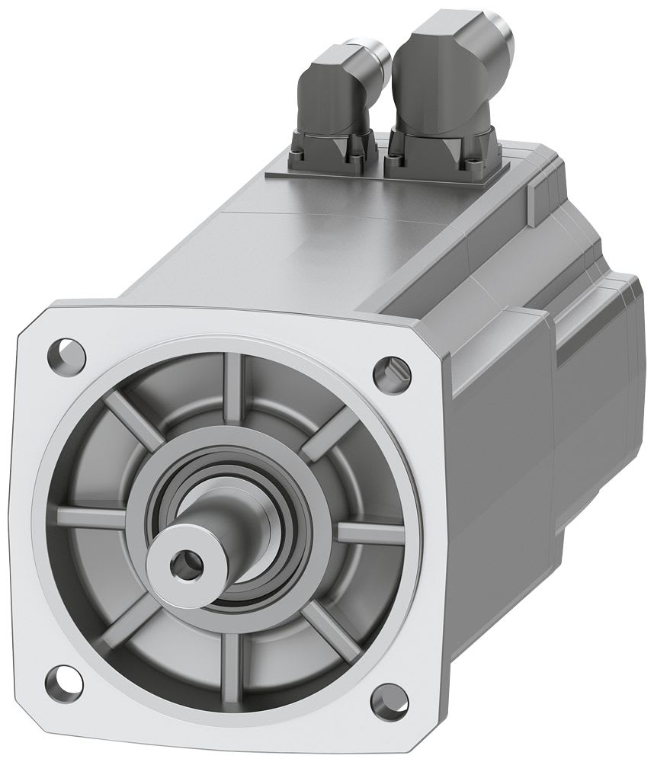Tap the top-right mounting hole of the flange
394,370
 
